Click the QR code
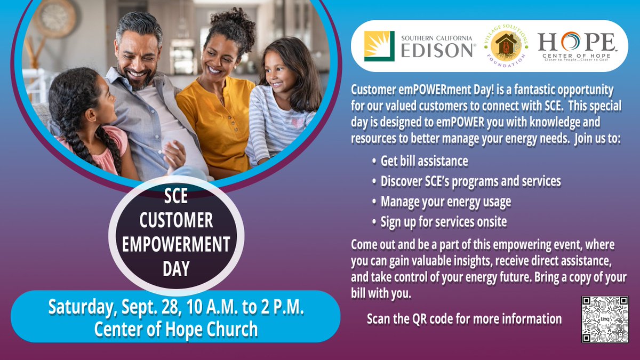tap(604, 319)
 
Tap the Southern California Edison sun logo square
tap(379, 46)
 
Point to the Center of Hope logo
tap(575, 47)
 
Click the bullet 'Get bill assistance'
tap(424, 161)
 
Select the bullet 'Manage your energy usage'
tap(445, 202)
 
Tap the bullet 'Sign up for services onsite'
tap(443, 221)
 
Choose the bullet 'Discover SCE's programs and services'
tap(470, 181)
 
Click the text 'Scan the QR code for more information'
tap(464, 319)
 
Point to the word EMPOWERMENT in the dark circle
tap(176, 244)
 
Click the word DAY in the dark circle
tap(176, 268)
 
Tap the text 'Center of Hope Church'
tap(176, 329)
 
